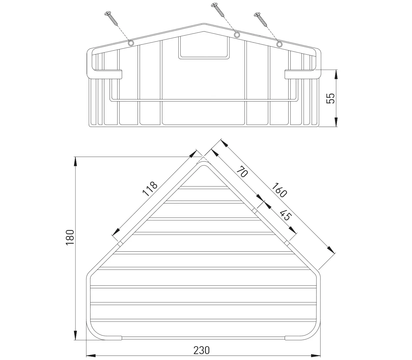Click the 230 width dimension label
point(201,345)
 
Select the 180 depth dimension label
point(70,237)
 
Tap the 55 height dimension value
point(330,98)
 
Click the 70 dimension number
point(242,171)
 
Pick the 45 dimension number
point(286,215)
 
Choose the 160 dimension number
point(279,190)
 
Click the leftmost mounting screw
point(111,18)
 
